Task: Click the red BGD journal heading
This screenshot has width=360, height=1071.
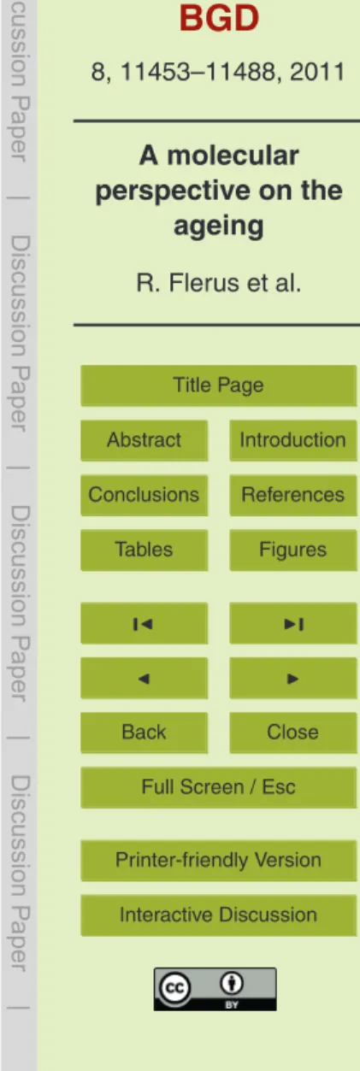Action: [219, 18]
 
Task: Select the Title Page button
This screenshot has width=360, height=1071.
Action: [219, 385]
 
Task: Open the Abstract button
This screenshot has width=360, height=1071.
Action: [144, 440]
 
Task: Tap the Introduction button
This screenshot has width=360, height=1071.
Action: [293, 440]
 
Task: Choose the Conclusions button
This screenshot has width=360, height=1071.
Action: [144, 496]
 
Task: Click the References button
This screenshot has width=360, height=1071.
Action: [293, 496]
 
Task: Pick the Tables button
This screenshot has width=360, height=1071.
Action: [144, 550]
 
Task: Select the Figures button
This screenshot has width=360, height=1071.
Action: [293, 550]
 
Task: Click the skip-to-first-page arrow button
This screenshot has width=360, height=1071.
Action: [144, 623]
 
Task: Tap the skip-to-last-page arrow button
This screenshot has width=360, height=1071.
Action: [293, 623]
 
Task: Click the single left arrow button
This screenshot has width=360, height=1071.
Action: [144, 679]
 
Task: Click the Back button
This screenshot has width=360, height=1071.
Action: [144, 733]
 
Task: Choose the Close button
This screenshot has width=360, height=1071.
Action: [293, 733]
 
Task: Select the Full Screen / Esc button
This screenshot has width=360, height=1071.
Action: [219, 787]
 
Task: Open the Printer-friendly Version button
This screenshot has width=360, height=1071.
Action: [219, 861]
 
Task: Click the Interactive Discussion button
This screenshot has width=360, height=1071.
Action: [219, 915]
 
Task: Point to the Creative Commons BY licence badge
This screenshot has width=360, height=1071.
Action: [215, 989]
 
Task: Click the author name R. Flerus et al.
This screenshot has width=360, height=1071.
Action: [219, 283]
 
